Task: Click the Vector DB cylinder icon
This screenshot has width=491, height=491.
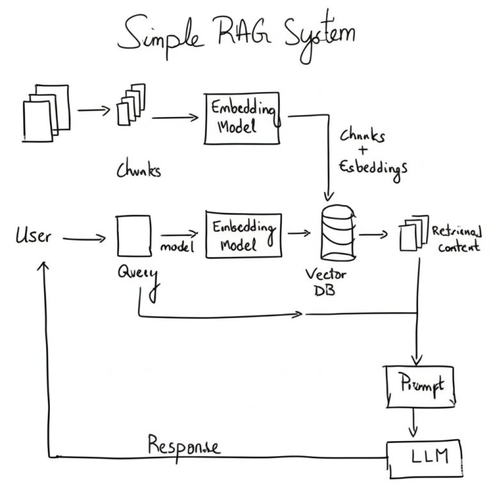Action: click(336, 233)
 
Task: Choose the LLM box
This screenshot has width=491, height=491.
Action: click(425, 458)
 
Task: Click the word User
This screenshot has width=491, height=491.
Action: click(33, 237)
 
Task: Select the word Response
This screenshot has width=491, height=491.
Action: click(184, 445)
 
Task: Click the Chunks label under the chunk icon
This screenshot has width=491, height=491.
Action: click(138, 170)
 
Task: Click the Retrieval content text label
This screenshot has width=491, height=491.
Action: click(456, 238)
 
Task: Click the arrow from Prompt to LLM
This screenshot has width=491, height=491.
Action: click(414, 423)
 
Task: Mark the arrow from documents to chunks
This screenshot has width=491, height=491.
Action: click(93, 110)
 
